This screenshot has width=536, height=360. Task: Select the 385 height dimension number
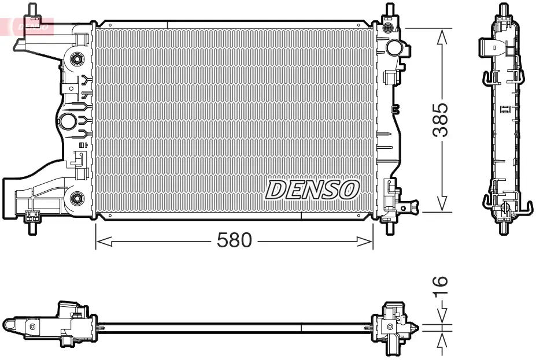pos(441,120)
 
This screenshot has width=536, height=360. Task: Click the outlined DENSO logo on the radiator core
pos(313,190)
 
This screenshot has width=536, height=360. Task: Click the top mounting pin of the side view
pos(504,10)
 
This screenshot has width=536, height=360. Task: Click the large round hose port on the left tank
pos(68,121)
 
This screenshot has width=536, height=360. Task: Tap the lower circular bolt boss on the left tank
pos(76,198)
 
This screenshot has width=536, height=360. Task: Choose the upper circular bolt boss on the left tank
pos(76,58)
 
